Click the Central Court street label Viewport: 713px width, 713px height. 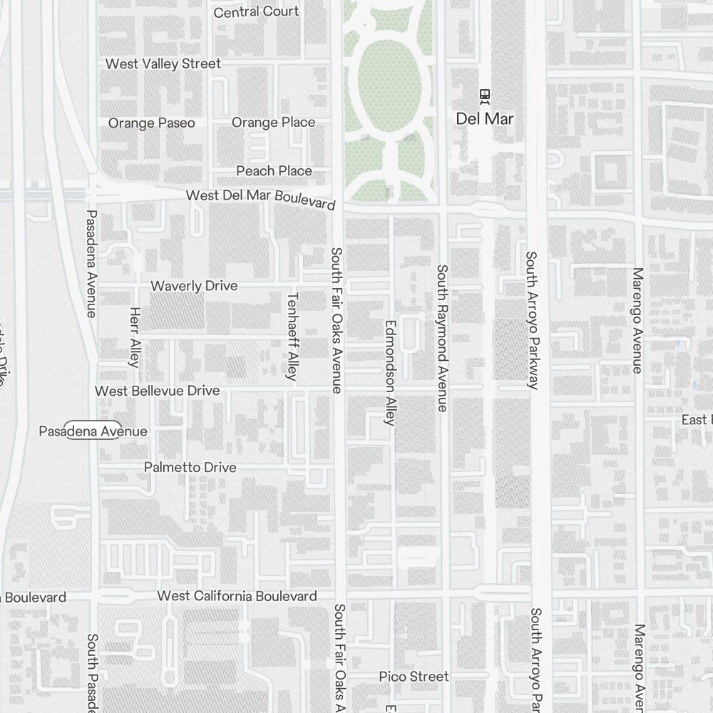pos(256,12)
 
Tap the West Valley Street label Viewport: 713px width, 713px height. pos(163,63)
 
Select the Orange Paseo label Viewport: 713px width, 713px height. pos(151,123)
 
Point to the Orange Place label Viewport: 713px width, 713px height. pos(273,123)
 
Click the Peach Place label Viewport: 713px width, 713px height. pos(274,170)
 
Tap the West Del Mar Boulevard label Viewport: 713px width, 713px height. pos(260,198)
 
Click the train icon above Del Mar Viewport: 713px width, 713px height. pos(485,96)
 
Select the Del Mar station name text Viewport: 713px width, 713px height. pos(485,119)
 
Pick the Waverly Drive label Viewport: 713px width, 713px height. pos(194,286)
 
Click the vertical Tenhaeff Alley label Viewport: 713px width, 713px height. pos(291,337)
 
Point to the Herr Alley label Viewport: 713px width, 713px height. pos(134,337)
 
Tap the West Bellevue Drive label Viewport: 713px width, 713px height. pos(158,391)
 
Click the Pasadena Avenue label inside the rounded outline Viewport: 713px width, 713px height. pos(93,431)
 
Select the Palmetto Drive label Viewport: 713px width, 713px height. pos(190,467)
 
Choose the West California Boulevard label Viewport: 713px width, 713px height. pos(237,595)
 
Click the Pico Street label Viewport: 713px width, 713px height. pos(414,676)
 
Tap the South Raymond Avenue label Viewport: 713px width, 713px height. pos(442,338)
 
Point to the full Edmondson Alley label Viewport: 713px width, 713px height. pos(389,371)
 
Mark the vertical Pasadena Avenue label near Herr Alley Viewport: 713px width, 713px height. pos(91,263)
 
